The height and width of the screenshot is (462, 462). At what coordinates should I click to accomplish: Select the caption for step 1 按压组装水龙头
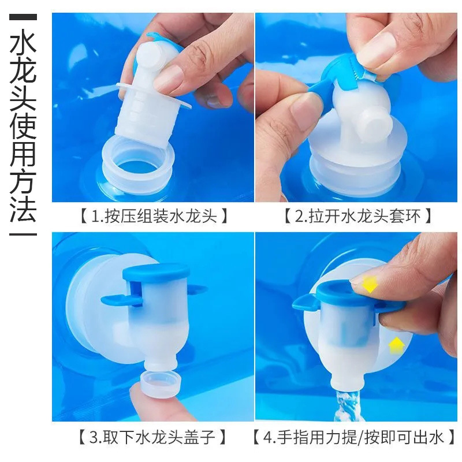point(152,217)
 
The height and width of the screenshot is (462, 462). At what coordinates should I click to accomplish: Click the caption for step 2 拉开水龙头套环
point(358,217)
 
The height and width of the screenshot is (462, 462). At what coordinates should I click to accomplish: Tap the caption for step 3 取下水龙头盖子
point(152,437)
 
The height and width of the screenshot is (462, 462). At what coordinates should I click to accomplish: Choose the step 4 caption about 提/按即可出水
point(358,437)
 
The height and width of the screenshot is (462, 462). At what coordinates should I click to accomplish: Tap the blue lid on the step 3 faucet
point(157,272)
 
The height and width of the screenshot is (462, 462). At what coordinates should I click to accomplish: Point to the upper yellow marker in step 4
point(369,284)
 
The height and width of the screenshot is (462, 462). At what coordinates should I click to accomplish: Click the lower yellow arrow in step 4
point(396,345)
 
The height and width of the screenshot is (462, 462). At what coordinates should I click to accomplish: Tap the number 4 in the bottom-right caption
point(267,437)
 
